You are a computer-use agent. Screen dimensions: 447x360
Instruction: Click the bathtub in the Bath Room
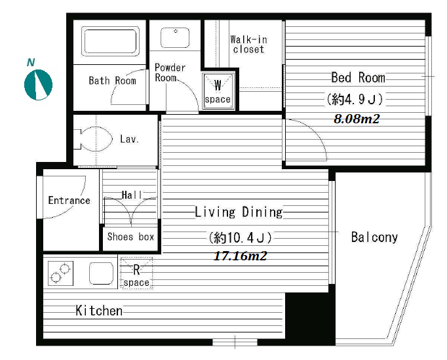[x=110, y=41]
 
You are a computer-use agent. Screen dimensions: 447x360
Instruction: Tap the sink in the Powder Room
[x=175, y=37]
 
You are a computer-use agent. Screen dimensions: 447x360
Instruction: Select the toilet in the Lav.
[x=93, y=139]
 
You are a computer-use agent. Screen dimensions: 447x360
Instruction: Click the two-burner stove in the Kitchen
[x=60, y=273]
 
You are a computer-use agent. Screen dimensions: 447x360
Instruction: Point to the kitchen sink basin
[x=101, y=273]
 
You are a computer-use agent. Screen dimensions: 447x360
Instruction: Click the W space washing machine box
[x=218, y=91]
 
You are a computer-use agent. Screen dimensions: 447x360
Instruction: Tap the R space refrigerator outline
[x=136, y=273]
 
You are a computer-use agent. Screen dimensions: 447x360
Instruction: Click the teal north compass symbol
[x=39, y=85]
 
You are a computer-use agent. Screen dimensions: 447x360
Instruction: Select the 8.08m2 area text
[x=357, y=119]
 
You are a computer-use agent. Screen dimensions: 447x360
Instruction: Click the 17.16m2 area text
[x=240, y=256]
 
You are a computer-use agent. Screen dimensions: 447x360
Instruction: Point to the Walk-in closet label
[x=248, y=44]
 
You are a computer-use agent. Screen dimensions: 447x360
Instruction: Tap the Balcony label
[x=374, y=237]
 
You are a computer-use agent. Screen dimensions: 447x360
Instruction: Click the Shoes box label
[x=130, y=237]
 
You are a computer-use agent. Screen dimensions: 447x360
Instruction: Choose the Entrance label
[x=69, y=200]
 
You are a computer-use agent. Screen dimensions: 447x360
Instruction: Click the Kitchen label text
[x=99, y=311]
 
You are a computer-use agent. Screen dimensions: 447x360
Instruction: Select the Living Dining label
[x=239, y=212]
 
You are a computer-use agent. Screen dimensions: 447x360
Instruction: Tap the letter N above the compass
[x=31, y=62]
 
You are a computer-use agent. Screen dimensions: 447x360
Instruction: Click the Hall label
[x=132, y=195]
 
